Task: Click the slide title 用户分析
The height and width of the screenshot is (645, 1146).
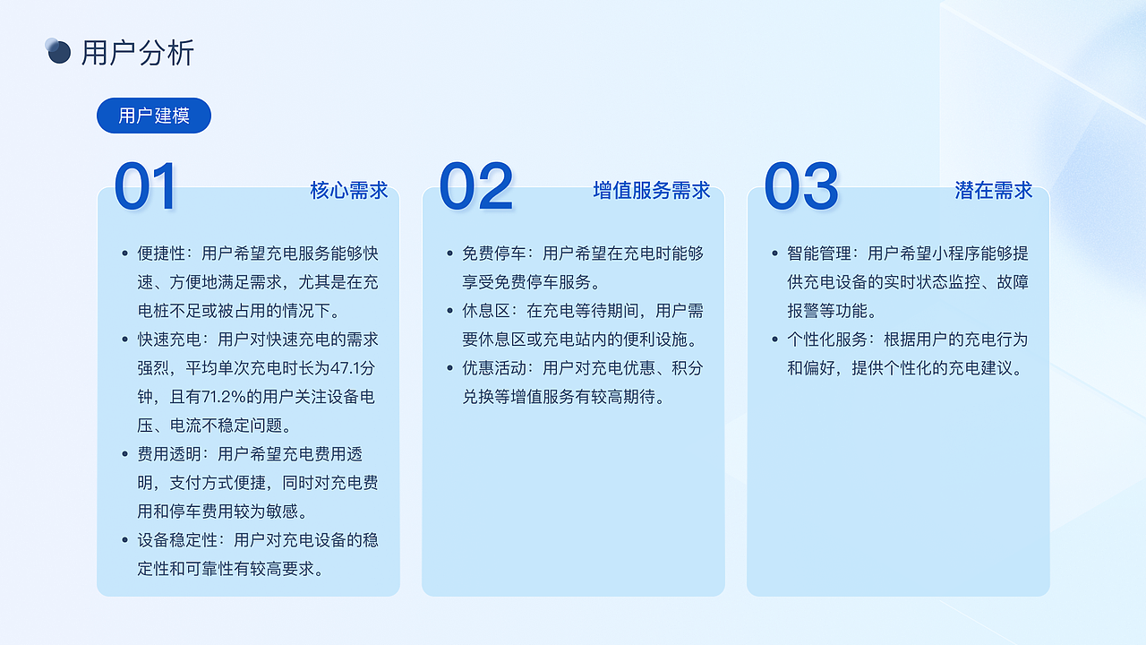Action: (137, 53)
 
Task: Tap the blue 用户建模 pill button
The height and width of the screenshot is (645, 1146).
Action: (154, 116)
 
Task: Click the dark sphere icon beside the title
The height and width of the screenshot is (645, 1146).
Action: (58, 52)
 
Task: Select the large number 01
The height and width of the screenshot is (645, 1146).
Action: (146, 187)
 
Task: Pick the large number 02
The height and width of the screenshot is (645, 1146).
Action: (476, 187)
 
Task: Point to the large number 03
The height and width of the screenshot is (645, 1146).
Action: (801, 187)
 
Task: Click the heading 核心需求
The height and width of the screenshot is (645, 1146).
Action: (349, 190)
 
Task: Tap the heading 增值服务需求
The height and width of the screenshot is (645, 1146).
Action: (652, 190)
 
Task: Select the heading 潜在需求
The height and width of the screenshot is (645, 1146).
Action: (994, 190)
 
